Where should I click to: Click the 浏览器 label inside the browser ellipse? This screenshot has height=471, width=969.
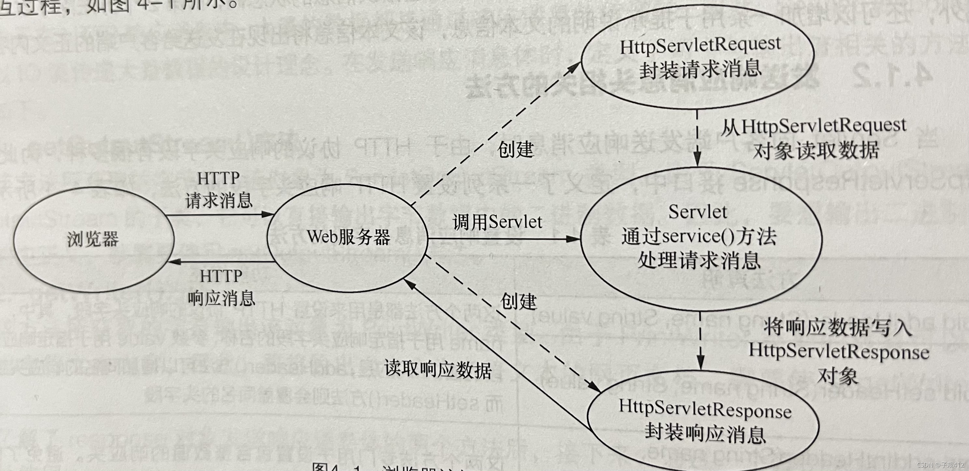pyautogui.click(x=93, y=239)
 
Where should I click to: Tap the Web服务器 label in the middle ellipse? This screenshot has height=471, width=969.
pyautogui.click(x=348, y=237)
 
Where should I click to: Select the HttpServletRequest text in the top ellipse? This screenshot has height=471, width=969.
pyautogui.click(x=700, y=46)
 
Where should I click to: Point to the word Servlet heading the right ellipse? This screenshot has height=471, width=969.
pyautogui.click(x=698, y=212)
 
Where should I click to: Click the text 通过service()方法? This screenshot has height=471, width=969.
pyautogui.click(x=699, y=236)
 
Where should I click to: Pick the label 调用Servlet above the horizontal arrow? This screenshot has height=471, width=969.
pyautogui.click(x=497, y=222)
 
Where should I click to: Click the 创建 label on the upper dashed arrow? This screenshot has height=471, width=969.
pyautogui.click(x=515, y=150)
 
